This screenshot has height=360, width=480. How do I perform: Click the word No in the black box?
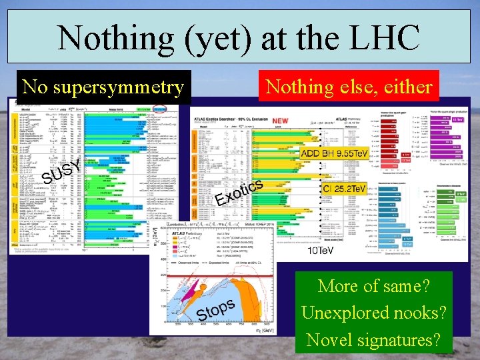35,87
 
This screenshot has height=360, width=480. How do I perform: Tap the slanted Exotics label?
241,190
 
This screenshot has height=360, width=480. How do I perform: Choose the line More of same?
373,286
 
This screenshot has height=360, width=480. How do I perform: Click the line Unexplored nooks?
373,313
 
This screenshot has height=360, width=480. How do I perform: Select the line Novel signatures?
373,339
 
